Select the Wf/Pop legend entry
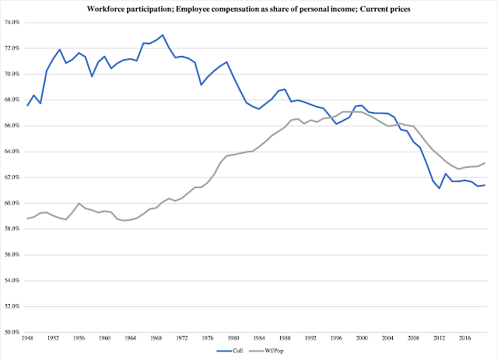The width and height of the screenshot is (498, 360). click(x=267, y=351)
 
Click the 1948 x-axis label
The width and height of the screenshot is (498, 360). click(x=28, y=339)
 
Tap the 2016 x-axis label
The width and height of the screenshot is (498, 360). click(x=464, y=339)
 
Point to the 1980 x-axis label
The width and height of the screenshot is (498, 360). click(x=233, y=339)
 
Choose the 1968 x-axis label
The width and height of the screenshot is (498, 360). click(x=156, y=339)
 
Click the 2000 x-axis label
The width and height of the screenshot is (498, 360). click(x=361, y=339)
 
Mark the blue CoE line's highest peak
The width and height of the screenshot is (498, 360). click(x=163, y=35)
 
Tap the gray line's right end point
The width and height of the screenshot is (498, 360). click(x=485, y=163)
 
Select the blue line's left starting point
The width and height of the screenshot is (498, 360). click(x=28, y=106)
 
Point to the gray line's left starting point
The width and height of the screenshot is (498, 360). click(x=28, y=218)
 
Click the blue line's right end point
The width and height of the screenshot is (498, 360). click(x=485, y=185)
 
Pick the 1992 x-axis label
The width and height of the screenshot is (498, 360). click(x=310, y=339)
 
